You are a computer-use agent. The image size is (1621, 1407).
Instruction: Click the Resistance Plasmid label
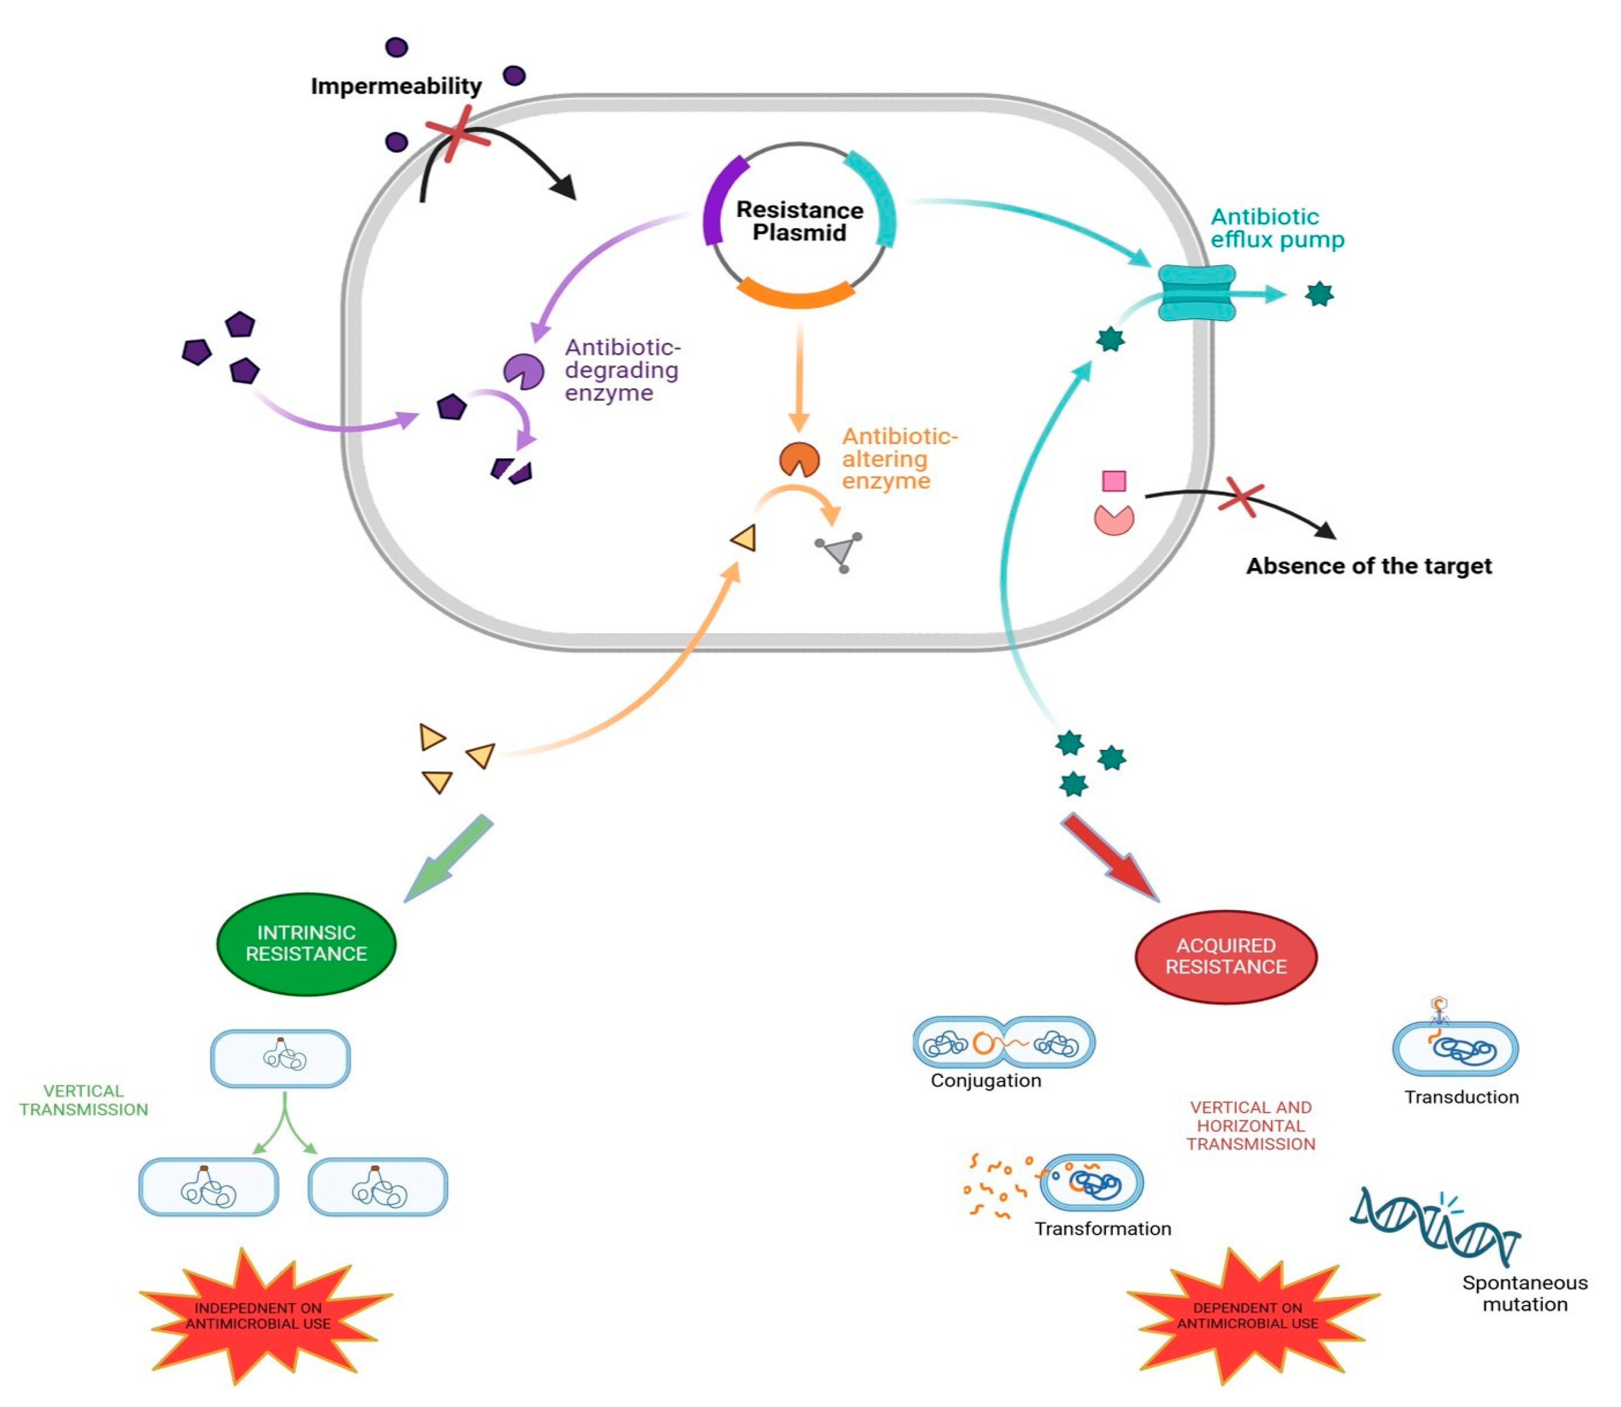pos(799,222)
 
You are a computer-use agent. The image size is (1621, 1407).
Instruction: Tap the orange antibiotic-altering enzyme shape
pos(799,459)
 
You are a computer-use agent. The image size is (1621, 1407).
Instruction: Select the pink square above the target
pos(1114,480)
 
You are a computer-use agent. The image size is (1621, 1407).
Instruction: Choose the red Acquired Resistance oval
pos(1226,956)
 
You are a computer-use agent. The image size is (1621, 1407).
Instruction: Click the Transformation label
pos(1102,1229)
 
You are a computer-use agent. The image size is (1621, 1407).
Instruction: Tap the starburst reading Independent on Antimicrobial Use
pos(259,1317)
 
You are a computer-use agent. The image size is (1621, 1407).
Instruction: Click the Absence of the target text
pos(1368,566)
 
